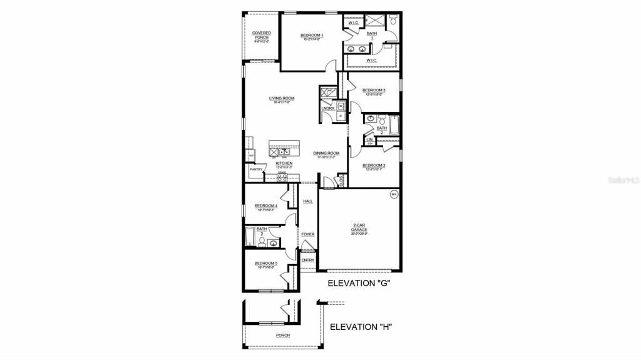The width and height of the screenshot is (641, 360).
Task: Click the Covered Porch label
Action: (x=261, y=35)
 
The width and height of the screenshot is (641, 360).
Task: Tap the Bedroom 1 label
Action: (x=311, y=36)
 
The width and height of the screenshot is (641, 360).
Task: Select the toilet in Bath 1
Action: (x=392, y=21)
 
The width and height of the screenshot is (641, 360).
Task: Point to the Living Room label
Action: (x=282, y=99)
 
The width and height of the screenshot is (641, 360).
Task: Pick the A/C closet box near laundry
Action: (x=327, y=92)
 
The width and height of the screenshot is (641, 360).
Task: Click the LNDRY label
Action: (x=327, y=108)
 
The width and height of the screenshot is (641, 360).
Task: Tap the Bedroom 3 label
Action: (x=374, y=91)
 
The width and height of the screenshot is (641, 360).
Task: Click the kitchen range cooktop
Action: (x=282, y=177)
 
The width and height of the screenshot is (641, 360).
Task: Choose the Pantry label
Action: (x=256, y=169)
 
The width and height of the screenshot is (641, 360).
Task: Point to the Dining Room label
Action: (x=326, y=153)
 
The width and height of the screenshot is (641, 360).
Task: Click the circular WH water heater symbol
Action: (x=394, y=194)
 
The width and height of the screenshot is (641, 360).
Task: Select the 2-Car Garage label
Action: (x=359, y=228)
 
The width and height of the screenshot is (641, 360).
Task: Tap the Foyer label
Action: (x=307, y=234)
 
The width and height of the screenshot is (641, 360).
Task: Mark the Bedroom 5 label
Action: (x=265, y=264)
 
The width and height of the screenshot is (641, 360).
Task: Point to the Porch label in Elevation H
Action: (x=283, y=336)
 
